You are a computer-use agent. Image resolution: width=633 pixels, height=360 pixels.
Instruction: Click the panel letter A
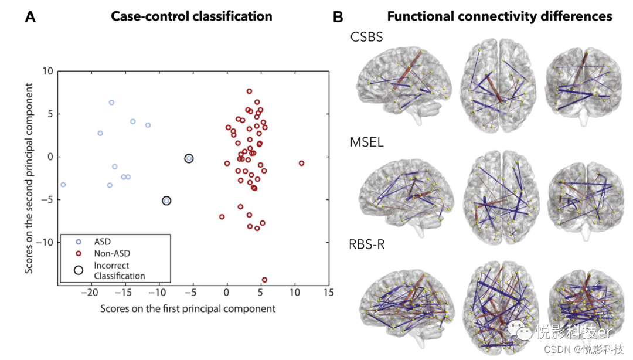[x=30, y=16]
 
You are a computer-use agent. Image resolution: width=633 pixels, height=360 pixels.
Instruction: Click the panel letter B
[x=338, y=16]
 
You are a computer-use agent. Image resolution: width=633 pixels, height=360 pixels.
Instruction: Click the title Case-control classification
[x=192, y=16]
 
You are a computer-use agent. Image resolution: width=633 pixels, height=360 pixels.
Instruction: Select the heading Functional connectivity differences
[x=500, y=16]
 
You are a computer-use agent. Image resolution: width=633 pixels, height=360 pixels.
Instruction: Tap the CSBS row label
[x=367, y=36]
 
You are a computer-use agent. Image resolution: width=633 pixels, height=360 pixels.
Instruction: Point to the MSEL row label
[x=367, y=142]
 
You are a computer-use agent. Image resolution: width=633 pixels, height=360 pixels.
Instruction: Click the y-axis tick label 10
[x=47, y=71]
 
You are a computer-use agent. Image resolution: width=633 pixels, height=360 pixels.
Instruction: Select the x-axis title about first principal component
[x=188, y=308]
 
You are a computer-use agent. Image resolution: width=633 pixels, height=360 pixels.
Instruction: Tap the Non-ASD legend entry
[x=111, y=254]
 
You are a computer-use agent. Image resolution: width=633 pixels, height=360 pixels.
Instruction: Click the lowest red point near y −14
[x=264, y=280]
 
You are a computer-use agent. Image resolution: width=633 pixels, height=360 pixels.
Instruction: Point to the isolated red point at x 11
[x=302, y=163]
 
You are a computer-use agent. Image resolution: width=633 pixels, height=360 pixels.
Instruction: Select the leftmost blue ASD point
[x=63, y=185]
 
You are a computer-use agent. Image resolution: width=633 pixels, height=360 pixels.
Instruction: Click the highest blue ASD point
[x=111, y=103]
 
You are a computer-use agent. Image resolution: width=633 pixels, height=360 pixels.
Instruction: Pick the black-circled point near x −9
[x=166, y=201]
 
